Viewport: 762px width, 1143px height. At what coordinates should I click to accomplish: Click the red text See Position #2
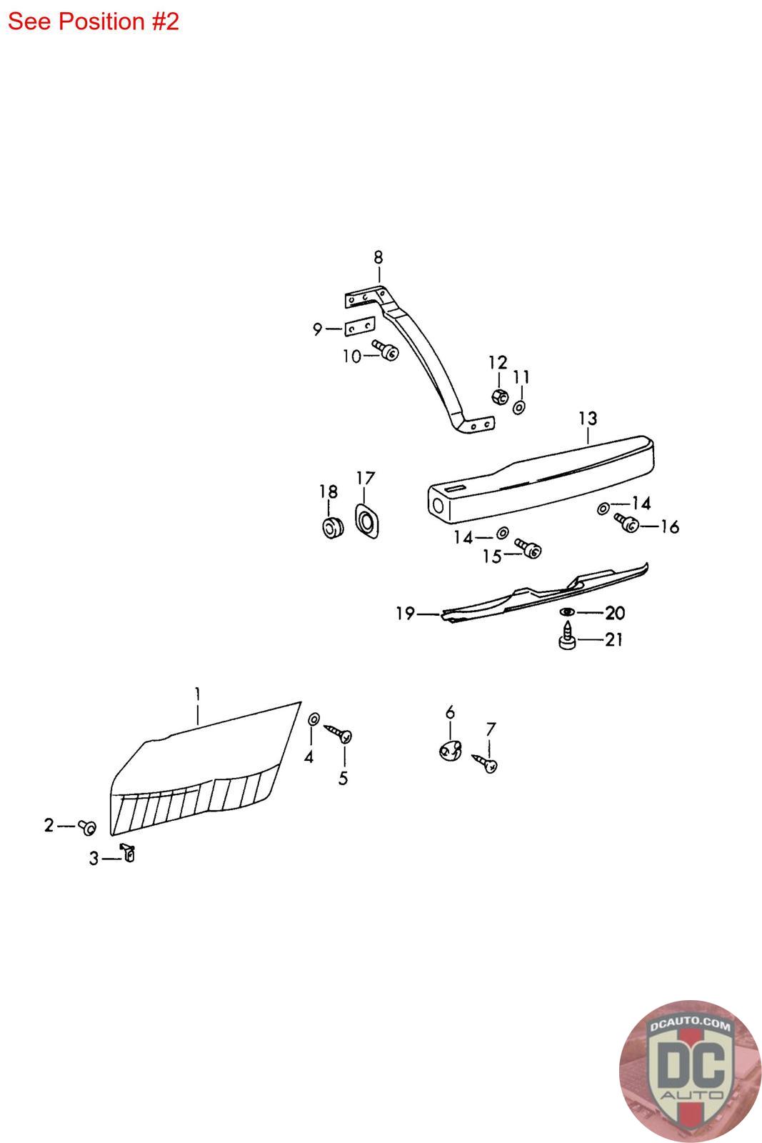point(94,21)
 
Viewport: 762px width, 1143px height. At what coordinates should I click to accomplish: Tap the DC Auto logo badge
point(690,1070)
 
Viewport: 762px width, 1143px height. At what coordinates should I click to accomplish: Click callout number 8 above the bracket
point(378,257)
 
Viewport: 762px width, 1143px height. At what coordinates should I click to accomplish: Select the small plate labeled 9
point(360,326)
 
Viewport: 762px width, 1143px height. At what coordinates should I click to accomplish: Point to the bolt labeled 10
point(386,350)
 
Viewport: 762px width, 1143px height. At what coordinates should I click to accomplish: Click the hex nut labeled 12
point(500,396)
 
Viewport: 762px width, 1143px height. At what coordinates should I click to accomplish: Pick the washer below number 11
point(519,407)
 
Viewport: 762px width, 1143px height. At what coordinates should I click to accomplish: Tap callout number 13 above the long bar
point(588,419)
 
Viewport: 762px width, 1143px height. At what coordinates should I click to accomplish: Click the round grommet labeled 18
point(333,527)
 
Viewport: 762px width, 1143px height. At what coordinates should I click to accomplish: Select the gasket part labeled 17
point(367,521)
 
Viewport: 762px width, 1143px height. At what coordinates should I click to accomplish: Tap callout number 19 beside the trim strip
point(405,613)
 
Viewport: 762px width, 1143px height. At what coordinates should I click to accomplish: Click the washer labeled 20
point(567,612)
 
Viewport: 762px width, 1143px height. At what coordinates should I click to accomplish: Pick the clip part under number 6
point(451,749)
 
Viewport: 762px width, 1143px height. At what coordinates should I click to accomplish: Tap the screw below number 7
point(484,763)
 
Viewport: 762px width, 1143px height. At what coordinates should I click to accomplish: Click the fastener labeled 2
point(87,827)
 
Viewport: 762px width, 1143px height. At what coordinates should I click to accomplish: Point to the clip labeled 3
point(128,852)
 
